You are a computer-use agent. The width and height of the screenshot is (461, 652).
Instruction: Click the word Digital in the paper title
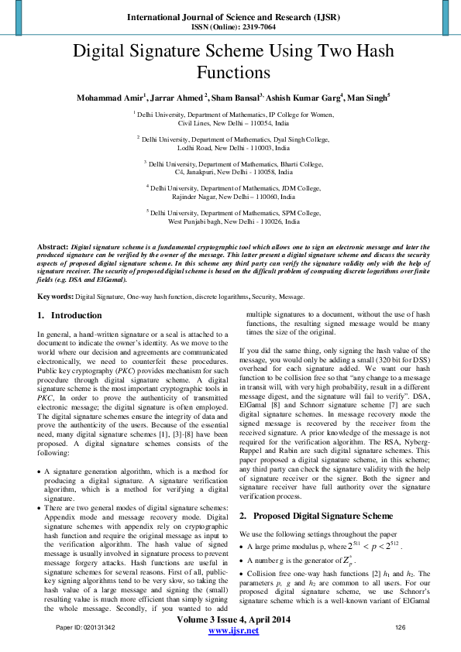(100, 53)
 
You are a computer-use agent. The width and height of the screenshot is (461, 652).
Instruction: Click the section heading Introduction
(76, 316)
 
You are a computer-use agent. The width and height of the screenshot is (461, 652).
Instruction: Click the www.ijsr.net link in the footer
(233, 632)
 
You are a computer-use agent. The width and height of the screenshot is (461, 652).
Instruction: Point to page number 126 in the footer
(401, 626)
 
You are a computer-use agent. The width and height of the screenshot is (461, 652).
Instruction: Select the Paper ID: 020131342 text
(85, 626)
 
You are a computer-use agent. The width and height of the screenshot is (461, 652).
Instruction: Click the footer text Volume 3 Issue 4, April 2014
(233, 620)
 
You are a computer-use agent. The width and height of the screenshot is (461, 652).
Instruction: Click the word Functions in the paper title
(232, 74)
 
